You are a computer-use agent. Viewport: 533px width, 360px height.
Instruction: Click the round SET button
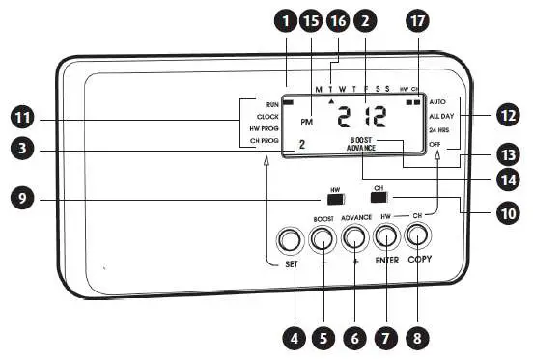pyautogui.click(x=288, y=239)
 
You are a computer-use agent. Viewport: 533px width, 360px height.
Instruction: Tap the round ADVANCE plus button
pyautogui.click(x=354, y=236)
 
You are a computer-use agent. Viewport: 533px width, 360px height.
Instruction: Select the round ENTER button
pyautogui.click(x=386, y=235)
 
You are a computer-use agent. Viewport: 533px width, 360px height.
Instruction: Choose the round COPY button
pyautogui.click(x=418, y=235)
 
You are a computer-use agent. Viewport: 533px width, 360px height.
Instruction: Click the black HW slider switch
pyautogui.click(x=335, y=201)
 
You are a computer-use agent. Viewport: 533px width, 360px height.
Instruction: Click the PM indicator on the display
pyautogui.click(x=307, y=122)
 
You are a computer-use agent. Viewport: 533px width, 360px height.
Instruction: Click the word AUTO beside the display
pyautogui.click(x=437, y=100)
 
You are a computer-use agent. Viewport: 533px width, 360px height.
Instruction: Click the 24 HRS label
pyautogui.click(x=440, y=129)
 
